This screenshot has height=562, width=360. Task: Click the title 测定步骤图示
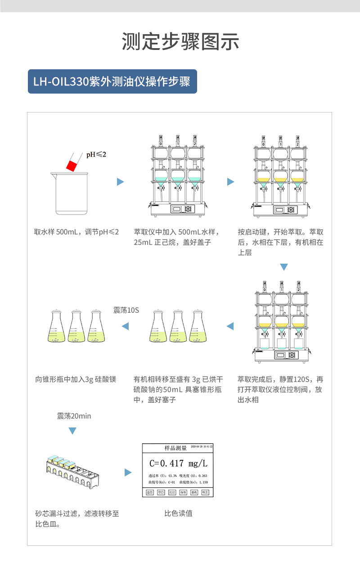[x=180, y=42]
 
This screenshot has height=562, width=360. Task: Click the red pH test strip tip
[x=71, y=165]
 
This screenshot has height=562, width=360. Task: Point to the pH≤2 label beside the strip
[x=96, y=154]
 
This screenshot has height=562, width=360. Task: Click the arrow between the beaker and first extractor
[x=120, y=182]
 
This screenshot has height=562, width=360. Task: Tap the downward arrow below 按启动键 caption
[x=283, y=267]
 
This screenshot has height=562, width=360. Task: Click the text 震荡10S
[x=126, y=310]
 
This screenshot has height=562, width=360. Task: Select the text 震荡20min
[x=74, y=416]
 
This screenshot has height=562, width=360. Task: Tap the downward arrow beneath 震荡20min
[x=72, y=432]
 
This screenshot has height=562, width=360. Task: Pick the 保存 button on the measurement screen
[x=183, y=492]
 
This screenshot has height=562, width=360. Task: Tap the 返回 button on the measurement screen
[x=150, y=492]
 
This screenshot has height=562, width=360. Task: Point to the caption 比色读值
[x=178, y=513]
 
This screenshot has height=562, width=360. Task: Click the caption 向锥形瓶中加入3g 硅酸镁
[x=76, y=379]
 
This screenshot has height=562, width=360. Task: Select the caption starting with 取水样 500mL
[x=76, y=232]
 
